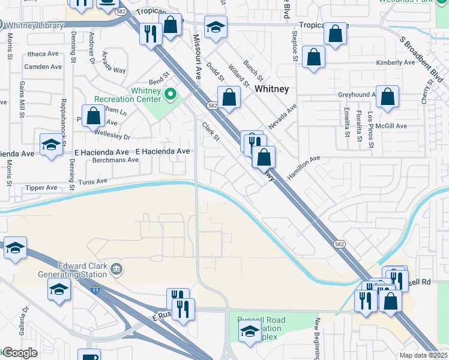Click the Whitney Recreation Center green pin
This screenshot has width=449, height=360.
coord(171,94)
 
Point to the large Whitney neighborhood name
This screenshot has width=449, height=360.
coord(272,89)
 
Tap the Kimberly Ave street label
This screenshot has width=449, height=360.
coord(396,62)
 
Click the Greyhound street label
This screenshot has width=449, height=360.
coord(357,95)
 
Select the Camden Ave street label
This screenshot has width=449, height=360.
coord(43,67)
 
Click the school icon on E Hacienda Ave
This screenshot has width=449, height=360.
coord(51,145)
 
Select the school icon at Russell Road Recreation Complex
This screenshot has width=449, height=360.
coord(250,331)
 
